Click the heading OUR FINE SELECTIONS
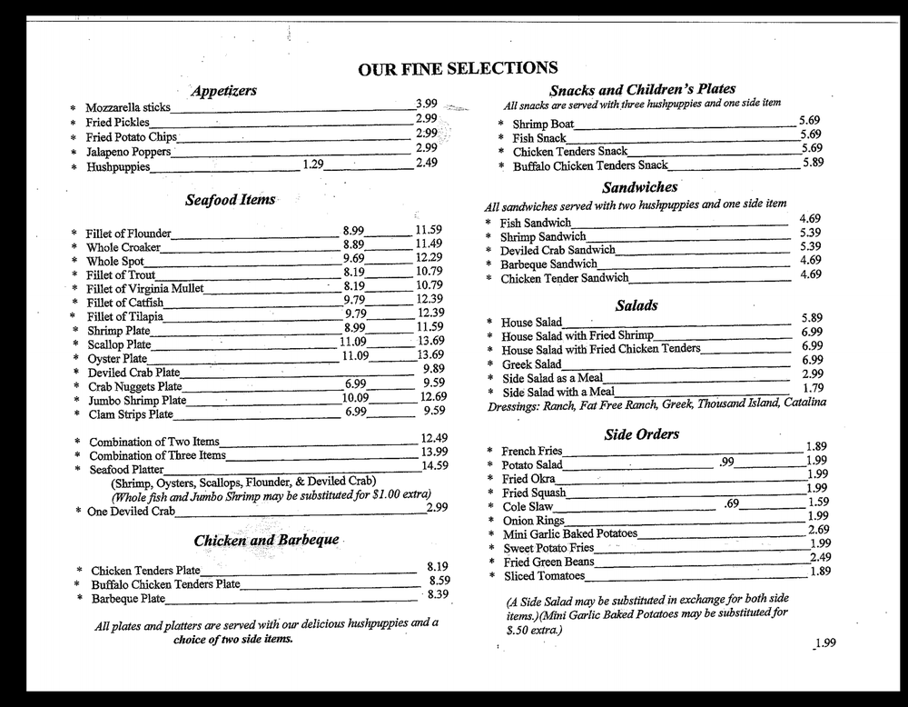coord(458,68)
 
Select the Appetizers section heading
coord(223,91)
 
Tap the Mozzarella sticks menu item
coord(128,108)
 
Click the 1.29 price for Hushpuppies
coord(312,164)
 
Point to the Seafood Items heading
coord(230,200)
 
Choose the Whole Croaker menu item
coord(123,247)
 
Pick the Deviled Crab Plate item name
coord(133,373)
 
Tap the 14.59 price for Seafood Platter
coord(434,466)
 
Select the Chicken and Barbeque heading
coord(266,540)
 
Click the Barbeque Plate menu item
coord(128,599)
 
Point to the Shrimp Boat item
coord(543,124)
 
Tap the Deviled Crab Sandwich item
coord(558,251)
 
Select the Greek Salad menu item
coord(531,364)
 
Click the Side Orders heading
coord(641,434)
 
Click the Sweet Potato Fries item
coord(548,548)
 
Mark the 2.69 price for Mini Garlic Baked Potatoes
coord(819,530)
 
